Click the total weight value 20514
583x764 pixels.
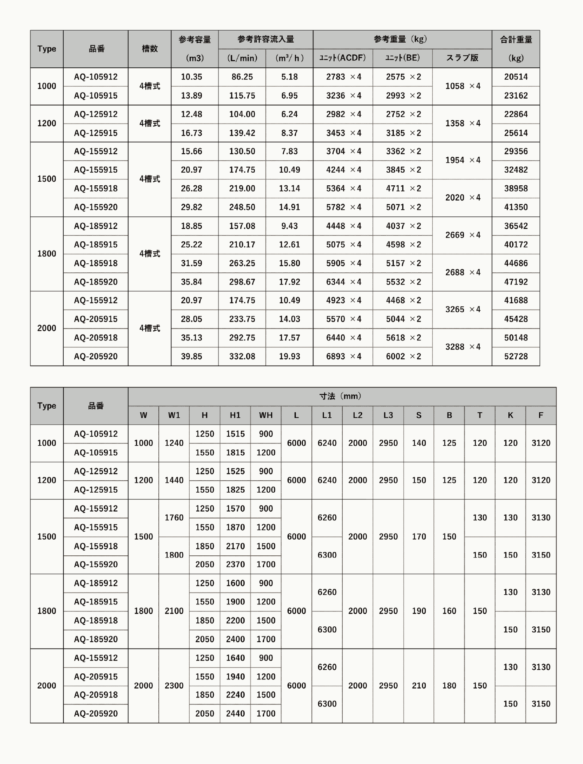pos(516,77)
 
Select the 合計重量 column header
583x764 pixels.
pos(516,40)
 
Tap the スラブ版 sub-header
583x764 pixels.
pos(462,58)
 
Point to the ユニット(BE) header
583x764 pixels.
pos(402,58)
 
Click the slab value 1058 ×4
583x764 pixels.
pos(462,86)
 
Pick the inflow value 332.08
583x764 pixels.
pos(242,357)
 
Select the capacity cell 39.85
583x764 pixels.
pos(192,357)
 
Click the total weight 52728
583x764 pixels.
pos(516,357)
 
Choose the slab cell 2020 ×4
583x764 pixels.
pos(462,198)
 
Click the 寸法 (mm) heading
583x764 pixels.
pos(342,396)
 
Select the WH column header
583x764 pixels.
pos(265,415)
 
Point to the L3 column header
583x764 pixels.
pos(388,415)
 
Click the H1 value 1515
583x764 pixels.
pos(235,434)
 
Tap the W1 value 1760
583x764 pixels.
pos(174,517)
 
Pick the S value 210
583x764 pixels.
pos(419,686)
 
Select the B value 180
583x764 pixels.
pos(449,686)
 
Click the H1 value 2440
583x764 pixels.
pos(235,714)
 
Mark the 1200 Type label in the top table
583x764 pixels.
pos(47,123)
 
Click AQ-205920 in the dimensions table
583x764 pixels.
pos(96,714)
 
